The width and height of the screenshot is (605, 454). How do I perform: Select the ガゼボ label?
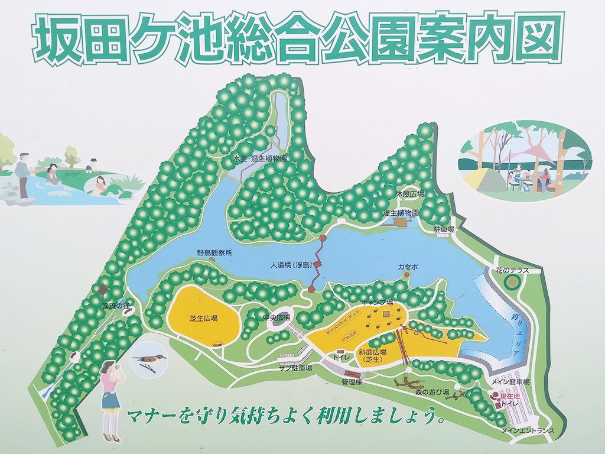tap(408, 267)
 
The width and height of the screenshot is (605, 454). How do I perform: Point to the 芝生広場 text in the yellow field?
tap(203, 318)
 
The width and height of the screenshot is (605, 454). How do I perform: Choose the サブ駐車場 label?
tap(295, 367)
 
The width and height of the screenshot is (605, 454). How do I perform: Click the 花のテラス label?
tap(512, 271)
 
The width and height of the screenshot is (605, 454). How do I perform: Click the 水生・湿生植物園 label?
tap(259, 158)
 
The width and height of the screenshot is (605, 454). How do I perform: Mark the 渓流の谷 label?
tap(114, 306)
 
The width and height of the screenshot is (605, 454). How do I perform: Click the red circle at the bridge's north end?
tap(323, 238)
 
